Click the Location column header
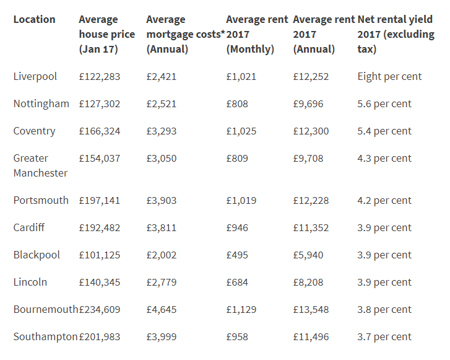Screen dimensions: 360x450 (34, 19)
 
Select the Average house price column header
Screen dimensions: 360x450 (106, 34)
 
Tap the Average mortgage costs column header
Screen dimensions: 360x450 (183, 34)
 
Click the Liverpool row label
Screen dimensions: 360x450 (35, 76)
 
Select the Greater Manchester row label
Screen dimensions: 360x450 (40, 165)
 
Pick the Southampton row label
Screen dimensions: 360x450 (45, 336)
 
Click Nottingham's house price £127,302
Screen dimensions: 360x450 (100, 103)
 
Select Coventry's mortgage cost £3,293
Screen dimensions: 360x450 (161, 131)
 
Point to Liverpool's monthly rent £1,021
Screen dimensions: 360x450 (241, 76)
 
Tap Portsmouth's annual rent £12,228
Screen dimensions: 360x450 (311, 200)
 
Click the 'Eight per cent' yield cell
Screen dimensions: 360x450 (389, 76)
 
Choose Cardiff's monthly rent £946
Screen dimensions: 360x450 (237, 227)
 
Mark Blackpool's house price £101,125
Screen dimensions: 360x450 (100, 255)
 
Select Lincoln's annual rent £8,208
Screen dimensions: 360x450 (308, 282)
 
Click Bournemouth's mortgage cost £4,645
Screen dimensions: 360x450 (161, 309)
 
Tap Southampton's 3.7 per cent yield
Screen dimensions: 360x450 (384, 336)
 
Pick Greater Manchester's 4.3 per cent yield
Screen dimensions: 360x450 (384, 158)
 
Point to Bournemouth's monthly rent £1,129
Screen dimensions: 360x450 (241, 309)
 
